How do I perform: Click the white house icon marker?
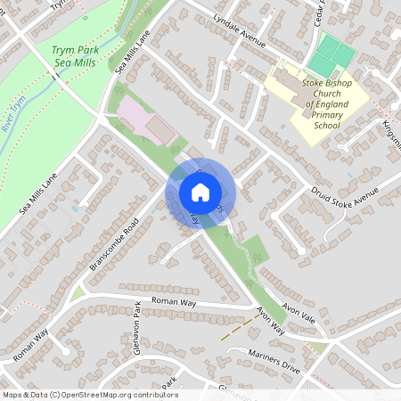tap(200, 192)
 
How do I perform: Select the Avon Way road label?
tap(269, 321)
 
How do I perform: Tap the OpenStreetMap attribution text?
tap(90, 394)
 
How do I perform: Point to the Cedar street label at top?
tap(321, 12)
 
